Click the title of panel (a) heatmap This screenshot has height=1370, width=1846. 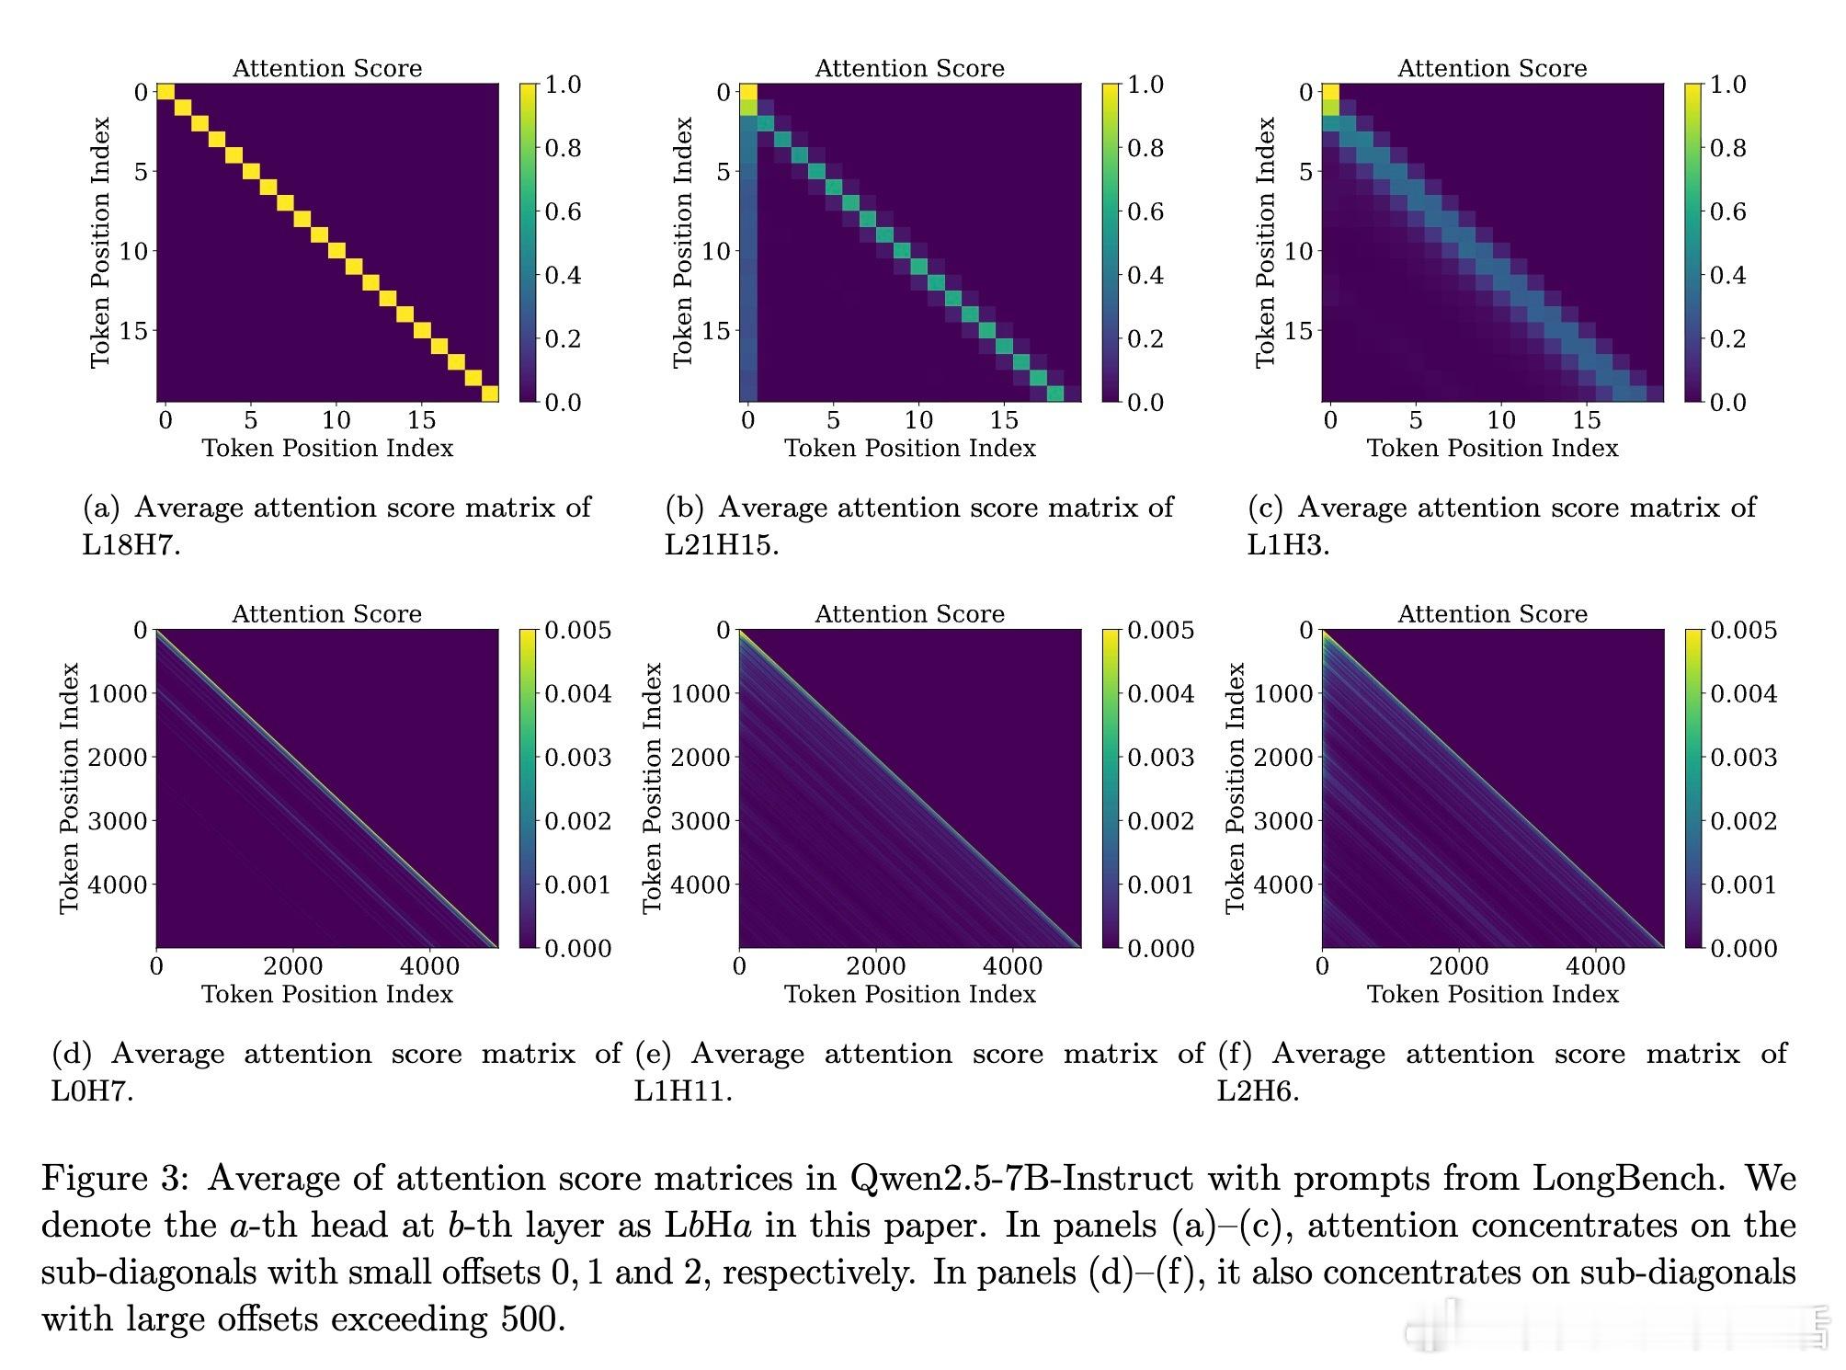(326, 68)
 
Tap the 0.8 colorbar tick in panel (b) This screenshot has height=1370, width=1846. (1145, 148)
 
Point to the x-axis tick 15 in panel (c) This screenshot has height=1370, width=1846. (1586, 420)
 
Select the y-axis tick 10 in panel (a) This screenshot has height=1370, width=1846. (133, 251)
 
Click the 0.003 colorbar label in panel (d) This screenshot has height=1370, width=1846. (577, 757)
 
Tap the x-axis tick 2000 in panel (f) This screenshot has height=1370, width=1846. (1459, 966)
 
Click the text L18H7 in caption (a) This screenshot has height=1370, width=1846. (131, 545)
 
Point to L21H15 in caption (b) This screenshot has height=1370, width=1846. (722, 545)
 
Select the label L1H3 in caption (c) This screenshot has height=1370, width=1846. (1288, 545)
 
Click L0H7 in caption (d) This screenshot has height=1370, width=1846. (92, 1091)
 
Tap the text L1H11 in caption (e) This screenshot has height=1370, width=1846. (682, 1091)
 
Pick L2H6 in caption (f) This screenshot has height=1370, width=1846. (1258, 1091)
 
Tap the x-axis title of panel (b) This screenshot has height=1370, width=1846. (909, 448)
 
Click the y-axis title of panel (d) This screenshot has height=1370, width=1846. (70, 788)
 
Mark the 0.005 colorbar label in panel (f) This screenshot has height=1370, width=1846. (1743, 630)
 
